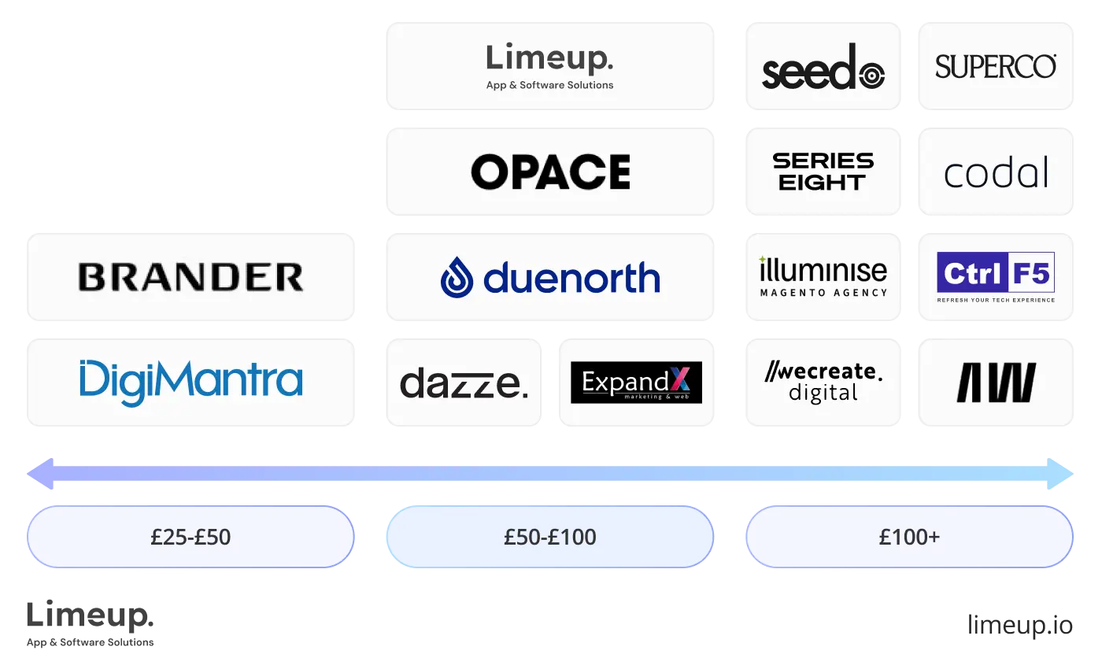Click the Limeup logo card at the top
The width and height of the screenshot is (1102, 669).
coord(550,65)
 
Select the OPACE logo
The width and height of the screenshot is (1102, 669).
coord(550,172)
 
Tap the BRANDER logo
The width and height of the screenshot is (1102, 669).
coord(191,277)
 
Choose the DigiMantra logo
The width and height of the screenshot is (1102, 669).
coord(191,383)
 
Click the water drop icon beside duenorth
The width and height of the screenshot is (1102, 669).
coord(457,278)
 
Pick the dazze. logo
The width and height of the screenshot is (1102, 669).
coord(463,383)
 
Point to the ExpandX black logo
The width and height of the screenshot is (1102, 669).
coord(636,383)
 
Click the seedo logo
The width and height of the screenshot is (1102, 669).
coord(823,66)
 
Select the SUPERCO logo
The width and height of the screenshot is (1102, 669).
coord(997,66)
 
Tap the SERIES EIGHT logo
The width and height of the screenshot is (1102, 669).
coord(823,172)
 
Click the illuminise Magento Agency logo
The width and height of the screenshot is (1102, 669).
coord(823,277)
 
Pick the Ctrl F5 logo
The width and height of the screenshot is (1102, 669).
coord(997,277)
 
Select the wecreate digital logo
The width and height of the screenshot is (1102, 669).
coord(823,383)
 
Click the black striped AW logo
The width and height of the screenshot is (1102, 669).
coord(997,383)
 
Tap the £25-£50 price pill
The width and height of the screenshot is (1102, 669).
coord(190,537)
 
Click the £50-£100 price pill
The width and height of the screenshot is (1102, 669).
coord(550,537)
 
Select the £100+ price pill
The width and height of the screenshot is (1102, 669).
coord(909,537)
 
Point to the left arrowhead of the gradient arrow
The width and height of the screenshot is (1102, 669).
coord(40,474)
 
